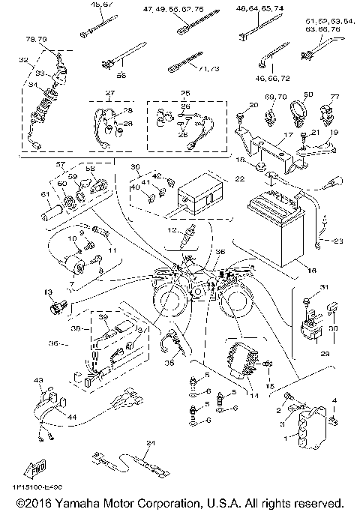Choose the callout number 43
click(37, 381)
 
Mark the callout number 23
click(337, 241)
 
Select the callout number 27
click(110, 94)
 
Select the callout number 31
click(304, 288)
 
